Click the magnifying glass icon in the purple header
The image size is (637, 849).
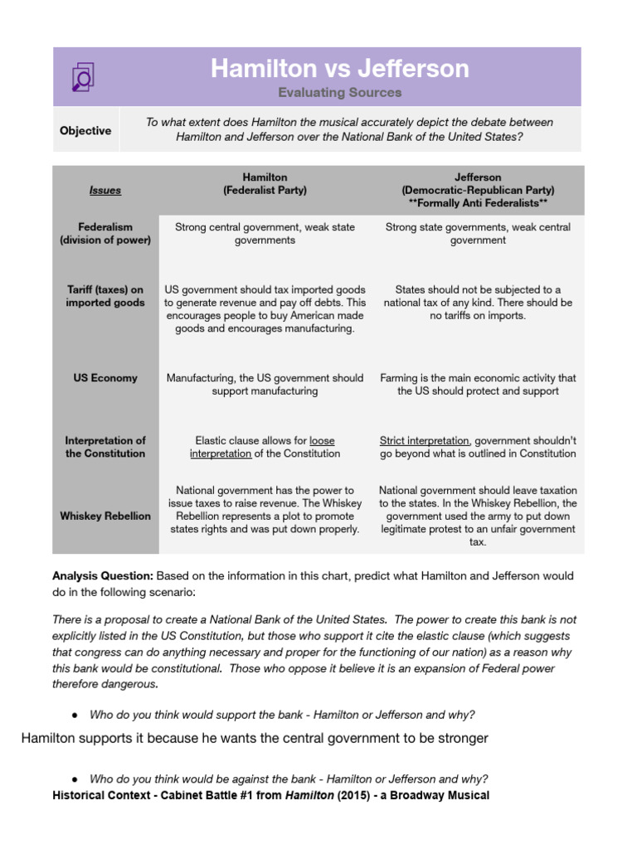click(x=82, y=76)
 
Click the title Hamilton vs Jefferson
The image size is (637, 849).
click(x=339, y=68)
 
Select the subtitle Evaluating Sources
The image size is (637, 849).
click(x=339, y=93)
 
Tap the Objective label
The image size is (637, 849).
click(x=85, y=130)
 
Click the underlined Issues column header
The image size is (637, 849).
click(x=105, y=190)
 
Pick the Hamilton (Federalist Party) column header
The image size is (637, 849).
click(x=265, y=183)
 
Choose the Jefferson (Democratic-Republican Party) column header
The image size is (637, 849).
click(x=478, y=190)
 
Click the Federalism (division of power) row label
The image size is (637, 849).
click(x=105, y=233)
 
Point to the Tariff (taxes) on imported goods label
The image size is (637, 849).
click(x=105, y=296)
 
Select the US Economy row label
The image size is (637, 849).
click(x=105, y=377)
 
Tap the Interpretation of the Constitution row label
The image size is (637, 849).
click(x=105, y=447)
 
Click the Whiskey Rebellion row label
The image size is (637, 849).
click(x=105, y=516)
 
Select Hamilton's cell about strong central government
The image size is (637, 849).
click(x=265, y=233)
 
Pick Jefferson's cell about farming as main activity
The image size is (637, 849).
click(x=478, y=384)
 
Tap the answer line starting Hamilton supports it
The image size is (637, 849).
click(x=254, y=738)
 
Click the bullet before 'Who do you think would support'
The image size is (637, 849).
click(x=75, y=716)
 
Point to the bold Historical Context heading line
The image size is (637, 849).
click(x=270, y=795)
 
